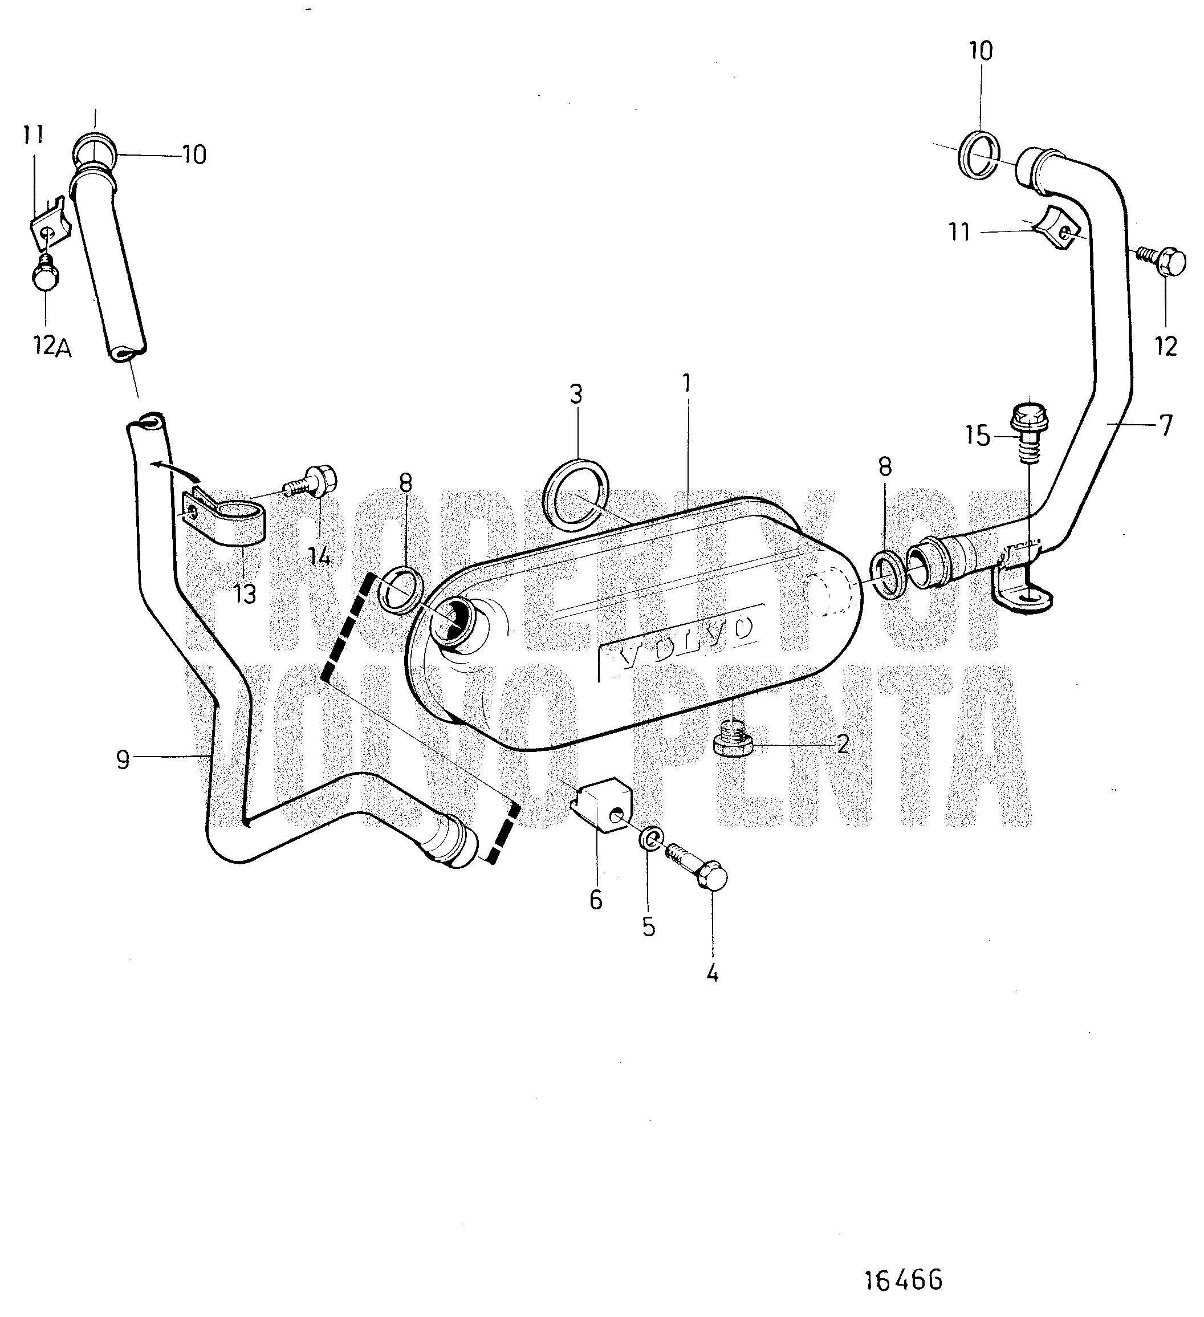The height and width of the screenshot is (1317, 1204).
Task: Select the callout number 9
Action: (122, 759)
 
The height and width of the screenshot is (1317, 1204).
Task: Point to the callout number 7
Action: (1165, 425)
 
